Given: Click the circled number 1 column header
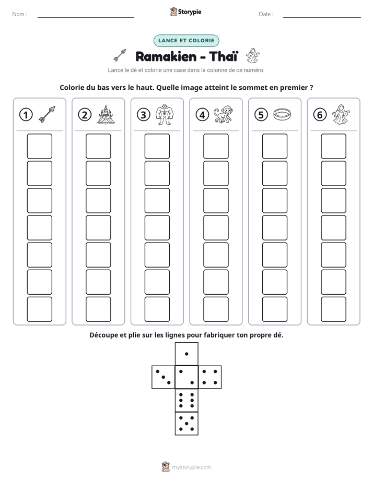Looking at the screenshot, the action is [26, 115].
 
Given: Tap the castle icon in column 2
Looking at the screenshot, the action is [106, 114].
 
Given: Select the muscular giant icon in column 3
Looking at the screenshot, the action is [164, 114].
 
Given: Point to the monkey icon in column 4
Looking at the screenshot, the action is [224, 114].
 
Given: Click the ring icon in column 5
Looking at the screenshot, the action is [282, 114].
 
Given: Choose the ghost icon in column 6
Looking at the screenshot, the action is [341, 114].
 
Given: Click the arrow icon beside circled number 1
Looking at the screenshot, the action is [47, 114].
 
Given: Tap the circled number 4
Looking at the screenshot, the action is [202, 115].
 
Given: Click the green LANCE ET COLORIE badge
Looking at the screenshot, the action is [186, 41].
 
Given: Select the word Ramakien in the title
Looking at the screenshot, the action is [166, 56].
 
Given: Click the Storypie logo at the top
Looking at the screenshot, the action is [185, 11].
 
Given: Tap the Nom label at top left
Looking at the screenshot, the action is [19, 14].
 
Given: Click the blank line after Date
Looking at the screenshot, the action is [322, 17].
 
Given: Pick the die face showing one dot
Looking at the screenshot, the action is [186, 354].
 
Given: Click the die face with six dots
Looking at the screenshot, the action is [186, 400].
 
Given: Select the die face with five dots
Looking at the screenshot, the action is [186, 423].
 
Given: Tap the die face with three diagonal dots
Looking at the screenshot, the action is [164, 377].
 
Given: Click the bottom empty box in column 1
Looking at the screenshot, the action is [39, 309].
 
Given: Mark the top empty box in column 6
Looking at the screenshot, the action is [334, 146].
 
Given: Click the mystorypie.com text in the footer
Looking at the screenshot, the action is [191, 467].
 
